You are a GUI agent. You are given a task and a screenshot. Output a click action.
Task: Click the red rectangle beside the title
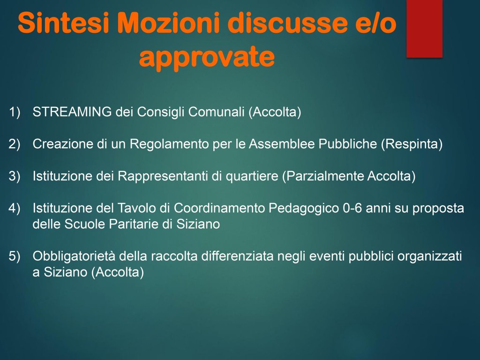click(424, 29)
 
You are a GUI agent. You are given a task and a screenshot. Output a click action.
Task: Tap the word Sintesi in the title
click(64, 22)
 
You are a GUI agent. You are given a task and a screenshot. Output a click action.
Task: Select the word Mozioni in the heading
click(169, 22)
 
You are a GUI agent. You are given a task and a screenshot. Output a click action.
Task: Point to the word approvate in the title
click(207, 57)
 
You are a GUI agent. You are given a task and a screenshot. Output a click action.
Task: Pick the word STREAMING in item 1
click(72, 112)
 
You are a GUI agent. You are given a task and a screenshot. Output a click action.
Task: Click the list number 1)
click(15, 112)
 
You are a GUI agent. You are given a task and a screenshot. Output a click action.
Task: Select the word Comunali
click(216, 112)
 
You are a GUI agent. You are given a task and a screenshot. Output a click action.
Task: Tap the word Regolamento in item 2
click(169, 144)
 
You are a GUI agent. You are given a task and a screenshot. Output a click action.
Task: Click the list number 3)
click(15, 176)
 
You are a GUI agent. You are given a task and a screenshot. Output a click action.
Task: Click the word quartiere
click(252, 176)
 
